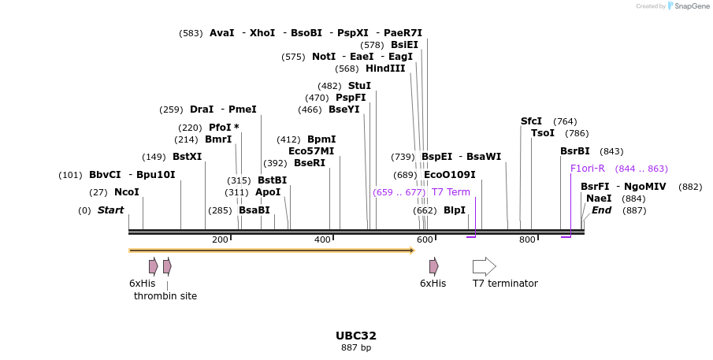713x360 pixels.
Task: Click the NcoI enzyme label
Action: coord(127,192)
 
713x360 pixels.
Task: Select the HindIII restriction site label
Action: coord(385,69)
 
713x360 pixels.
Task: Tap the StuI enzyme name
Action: coord(359,86)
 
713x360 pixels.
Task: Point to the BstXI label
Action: coord(188,157)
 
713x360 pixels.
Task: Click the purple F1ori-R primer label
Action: coord(588,169)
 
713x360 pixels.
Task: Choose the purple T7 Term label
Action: coord(451,192)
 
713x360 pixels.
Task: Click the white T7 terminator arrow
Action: coord(485,266)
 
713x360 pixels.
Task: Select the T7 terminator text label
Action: coord(505,284)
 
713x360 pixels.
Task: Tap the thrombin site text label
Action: coord(165,296)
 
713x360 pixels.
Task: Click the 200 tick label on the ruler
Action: coord(220,239)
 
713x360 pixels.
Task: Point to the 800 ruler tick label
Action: coord(527,239)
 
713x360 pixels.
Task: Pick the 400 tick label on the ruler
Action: coord(322,239)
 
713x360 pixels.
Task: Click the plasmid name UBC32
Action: coord(356,336)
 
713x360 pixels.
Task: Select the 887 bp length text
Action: coord(356,347)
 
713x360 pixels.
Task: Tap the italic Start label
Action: coord(111,210)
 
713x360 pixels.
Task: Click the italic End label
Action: coord(601,210)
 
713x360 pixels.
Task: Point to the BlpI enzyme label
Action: coord(455,210)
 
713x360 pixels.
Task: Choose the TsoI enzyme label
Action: coord(543,133)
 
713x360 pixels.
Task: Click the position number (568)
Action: coord(347,69)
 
